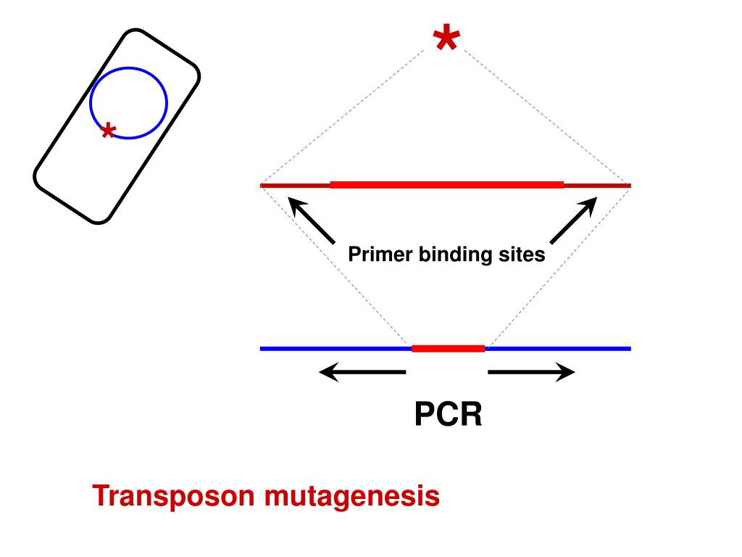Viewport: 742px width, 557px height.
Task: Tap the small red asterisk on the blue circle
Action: tap(108, 131)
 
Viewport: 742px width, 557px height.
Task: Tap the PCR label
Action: tap(448, 416)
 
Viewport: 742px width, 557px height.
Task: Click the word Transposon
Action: tap(174, 497)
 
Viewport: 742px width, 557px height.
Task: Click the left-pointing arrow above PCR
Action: tap(362, 373)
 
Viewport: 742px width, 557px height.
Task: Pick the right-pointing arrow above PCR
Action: tap(531, 373)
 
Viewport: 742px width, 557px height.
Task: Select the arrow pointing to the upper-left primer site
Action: tap(312, 220)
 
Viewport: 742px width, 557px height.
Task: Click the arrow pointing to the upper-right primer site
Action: tap(573, 220)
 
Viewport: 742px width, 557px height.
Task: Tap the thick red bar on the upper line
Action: tap(446, 186)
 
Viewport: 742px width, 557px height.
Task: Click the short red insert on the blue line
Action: tap(448, 349)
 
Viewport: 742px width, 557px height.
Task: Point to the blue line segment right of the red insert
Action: tap(558, 349)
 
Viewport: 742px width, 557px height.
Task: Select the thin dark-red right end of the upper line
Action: tap(597, 186)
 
